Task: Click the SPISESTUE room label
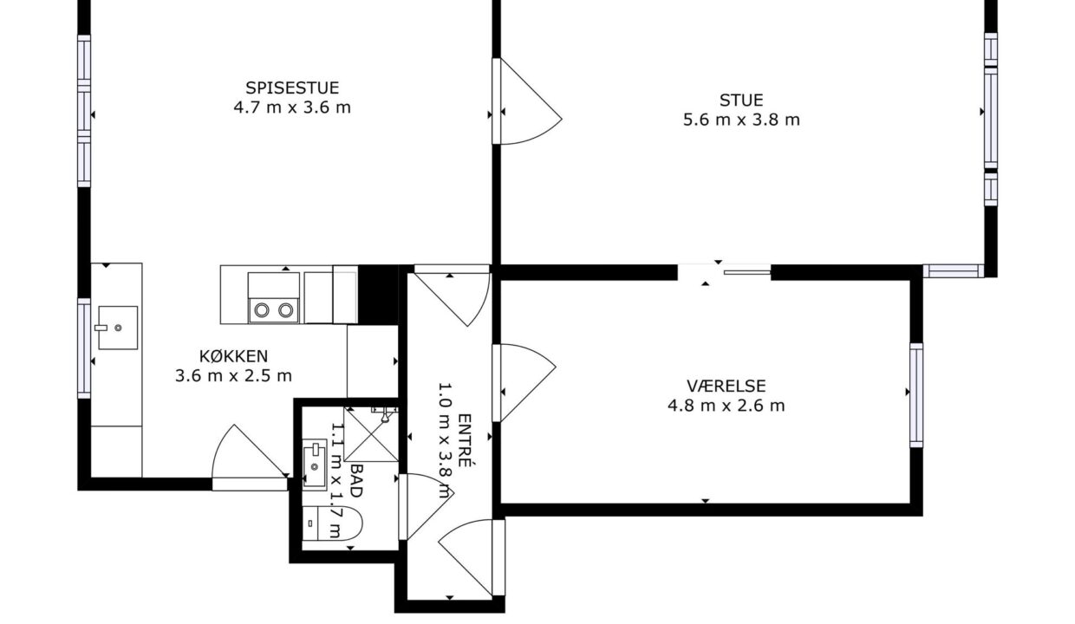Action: coord(292,88)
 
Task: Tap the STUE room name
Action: coord(741,101)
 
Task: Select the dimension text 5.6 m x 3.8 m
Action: coord(741,120)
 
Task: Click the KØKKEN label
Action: coord(233,356)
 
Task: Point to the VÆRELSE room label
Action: coord(726,387)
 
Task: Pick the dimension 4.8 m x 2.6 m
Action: coord(726,406)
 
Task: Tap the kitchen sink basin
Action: coord(118,328)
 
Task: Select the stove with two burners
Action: coord(274,298)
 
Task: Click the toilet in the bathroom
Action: coord(332,523)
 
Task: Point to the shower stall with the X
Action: coord(371,434)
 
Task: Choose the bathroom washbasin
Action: coord(315,465)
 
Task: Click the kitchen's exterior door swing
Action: coord(249,458)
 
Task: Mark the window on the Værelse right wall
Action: coord(916,395)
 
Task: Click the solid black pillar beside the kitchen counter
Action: coord(378,295)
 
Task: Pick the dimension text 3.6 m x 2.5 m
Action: coord(233,375)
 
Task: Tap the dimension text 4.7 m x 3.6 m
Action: coord(292,107)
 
